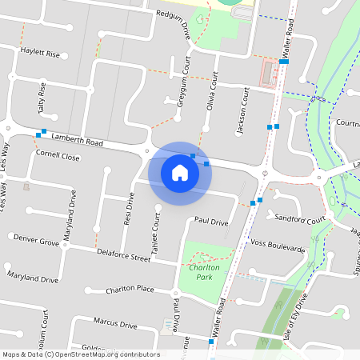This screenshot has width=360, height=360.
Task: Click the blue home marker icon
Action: [180, 172]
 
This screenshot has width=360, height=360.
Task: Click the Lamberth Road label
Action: [78, 139]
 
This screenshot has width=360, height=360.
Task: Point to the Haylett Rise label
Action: [40, 54]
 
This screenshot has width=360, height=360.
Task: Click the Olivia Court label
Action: [214, 93]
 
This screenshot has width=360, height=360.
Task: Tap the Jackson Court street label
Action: [244, 102]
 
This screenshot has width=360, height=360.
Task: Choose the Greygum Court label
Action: [183, 81]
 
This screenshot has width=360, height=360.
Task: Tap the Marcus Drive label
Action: [115, 324]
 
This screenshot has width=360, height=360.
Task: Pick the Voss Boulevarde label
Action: [278, 246]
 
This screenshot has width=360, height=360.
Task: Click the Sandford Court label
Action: [300, 218]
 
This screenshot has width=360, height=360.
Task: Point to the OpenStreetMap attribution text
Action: [81, 354]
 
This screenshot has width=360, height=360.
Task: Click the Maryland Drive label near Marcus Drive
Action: [34, 280]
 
